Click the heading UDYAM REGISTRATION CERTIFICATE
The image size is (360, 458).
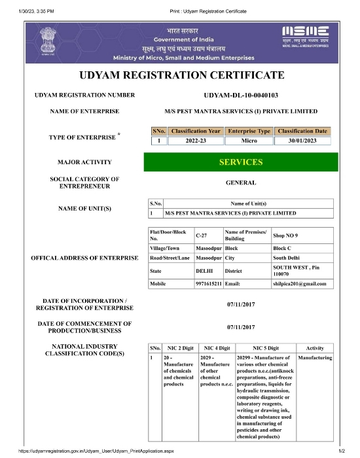coord(181,75)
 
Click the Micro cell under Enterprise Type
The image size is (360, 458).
coord(249,140)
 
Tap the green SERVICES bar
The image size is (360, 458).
coord(241,162)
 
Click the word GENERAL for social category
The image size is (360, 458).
coord(241,183)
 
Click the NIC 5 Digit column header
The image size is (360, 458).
coord(265,348)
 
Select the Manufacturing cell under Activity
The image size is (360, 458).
coord(315,359)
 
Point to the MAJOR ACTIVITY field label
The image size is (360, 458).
coord(84,162)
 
